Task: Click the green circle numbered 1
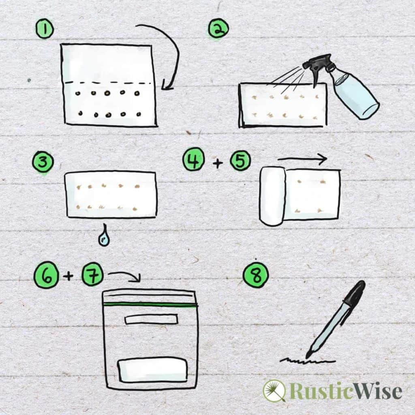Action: pos(45,29)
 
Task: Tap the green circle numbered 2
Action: pos(218,29)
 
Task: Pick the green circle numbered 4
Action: pos(193,160)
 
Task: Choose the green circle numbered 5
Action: pos(240,160)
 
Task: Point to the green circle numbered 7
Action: pos(92,275)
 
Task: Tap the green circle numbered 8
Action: pos(256,275)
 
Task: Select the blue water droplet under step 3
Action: pos(105,236)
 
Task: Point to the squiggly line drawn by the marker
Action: pos(308,360)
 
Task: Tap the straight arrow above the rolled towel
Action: pos(302,159)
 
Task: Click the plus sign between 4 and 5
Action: pos(218,163)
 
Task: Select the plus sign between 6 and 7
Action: pos(68,276)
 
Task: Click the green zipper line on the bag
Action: pos(151,304)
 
